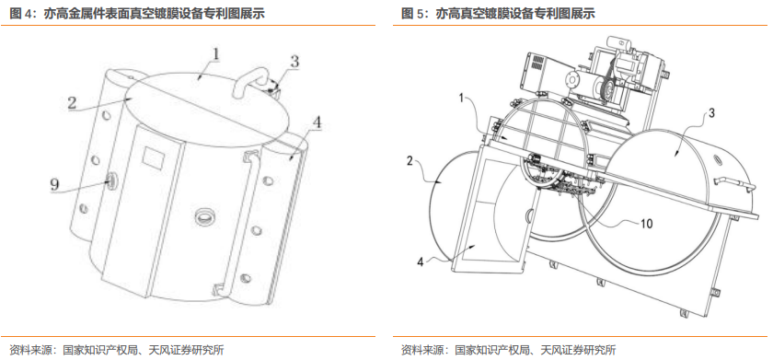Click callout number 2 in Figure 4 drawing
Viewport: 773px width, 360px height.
coord(73,103)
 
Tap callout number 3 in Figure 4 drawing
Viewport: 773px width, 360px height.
coord(294,62)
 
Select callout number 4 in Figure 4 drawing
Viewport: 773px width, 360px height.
coord(317,122)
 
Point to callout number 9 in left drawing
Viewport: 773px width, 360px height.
coord(54,185)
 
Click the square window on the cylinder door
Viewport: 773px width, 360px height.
coord(150,157)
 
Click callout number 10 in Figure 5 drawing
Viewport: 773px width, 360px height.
coord(646,224)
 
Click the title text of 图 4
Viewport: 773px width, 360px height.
coord(137,14)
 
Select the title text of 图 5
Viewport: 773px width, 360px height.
coord(499,14)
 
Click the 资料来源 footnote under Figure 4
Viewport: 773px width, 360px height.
coord(117,350)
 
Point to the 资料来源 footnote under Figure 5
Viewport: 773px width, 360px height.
coord(509,350)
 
